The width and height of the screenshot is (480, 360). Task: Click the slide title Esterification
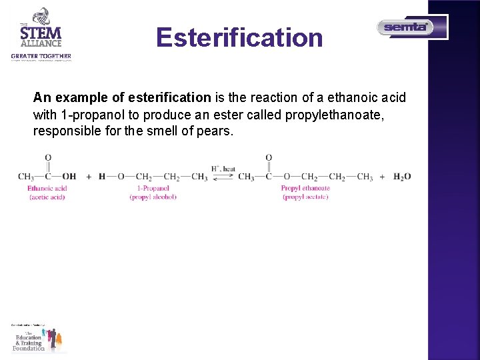239,37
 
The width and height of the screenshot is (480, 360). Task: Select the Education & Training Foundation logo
39,338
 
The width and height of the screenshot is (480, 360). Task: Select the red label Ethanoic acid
47,189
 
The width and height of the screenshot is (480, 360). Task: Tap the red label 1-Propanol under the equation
153,189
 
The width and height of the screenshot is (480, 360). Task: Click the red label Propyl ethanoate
305,189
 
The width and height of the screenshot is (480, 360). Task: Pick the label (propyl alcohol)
153,197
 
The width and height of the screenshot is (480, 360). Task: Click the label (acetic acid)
47,197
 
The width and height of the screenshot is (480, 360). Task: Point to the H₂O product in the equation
402,177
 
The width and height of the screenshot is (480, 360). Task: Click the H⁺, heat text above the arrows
223,169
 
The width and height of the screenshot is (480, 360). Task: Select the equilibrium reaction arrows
223,177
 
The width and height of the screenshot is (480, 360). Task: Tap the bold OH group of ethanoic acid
69,177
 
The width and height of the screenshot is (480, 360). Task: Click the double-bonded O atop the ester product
269,158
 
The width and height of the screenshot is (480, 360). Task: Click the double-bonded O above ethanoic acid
48,158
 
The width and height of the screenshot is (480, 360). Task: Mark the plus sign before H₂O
382,177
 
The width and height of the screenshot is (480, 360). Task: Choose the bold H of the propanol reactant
102,177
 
